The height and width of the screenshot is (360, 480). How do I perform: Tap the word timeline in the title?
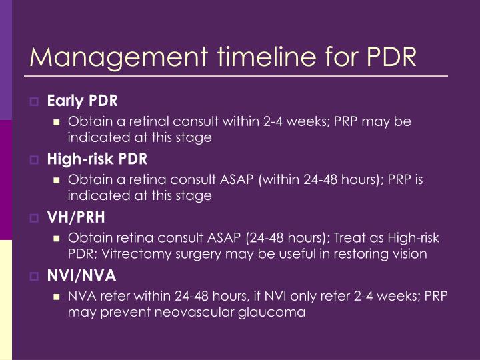pos(267,56)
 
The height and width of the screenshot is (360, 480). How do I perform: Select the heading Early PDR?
pos(82,101)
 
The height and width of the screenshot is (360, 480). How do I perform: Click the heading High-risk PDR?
pos(97,159)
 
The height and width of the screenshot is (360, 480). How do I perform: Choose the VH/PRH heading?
pos(76,217)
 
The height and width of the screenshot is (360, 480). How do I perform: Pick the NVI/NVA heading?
pos(81,275)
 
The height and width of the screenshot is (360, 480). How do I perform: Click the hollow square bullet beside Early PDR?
pos(34,101)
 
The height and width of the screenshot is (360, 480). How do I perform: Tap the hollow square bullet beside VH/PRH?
pos(34,218)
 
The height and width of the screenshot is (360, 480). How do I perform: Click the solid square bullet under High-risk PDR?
pos(56,180)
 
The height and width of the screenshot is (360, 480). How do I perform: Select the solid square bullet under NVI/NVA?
pos(56,297)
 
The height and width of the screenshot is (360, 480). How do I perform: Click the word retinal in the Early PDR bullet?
pos(149,121)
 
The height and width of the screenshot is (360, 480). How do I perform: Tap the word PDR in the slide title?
pos(391,56)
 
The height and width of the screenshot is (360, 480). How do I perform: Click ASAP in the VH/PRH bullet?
pos(224,238)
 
